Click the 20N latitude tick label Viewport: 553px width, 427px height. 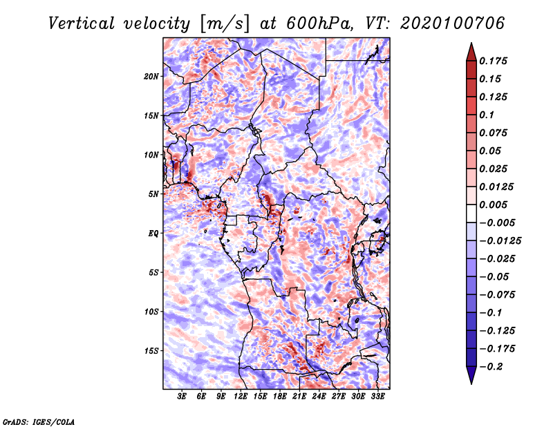coord(151,77)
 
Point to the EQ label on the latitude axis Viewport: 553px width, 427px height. coord(153,234)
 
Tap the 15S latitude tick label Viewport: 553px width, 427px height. coord(151,351)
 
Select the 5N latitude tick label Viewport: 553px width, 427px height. coord(153,194)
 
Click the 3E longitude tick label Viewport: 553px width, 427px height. coord(182,397)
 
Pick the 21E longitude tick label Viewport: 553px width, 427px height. coord(299,397)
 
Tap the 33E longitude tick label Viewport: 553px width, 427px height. coord(377,397)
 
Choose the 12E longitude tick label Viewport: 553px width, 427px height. coord(241,397)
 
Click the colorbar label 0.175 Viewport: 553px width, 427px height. coord(493,61)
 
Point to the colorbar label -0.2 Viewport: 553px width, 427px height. coord(491,367)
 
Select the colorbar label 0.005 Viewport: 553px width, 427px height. coord(493,205)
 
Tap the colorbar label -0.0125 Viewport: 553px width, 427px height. coord(500,241)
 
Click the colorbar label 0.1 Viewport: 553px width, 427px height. coord(487,115)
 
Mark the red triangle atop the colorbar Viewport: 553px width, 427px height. coord(471,52)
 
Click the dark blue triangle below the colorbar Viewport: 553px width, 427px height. coord(471,375)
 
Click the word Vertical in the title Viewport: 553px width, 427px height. coord(82,23)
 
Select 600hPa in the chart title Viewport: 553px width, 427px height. coord(319,23)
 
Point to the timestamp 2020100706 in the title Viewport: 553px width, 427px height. coord(453,23)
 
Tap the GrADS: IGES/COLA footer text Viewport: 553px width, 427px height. coord(39,422)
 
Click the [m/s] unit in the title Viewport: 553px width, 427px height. coord(225,24)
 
